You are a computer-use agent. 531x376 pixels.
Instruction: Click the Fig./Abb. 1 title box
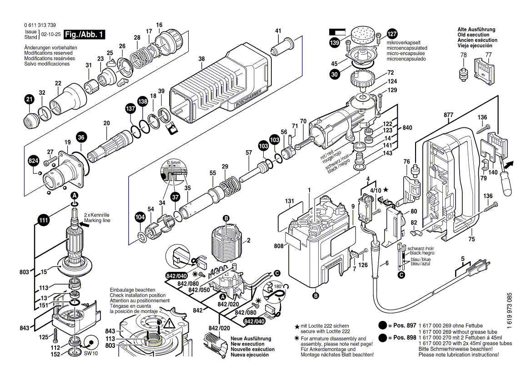84,35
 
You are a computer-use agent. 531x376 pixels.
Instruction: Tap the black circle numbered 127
391,34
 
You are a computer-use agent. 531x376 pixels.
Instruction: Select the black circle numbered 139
335,43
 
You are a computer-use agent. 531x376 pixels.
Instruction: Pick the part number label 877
448,115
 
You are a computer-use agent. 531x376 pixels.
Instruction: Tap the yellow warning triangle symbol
169,325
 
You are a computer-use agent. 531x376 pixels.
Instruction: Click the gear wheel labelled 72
362,82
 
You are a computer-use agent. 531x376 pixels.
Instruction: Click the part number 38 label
201,58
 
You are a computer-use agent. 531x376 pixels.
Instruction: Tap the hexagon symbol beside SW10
90,342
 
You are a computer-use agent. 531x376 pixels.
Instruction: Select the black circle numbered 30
335,76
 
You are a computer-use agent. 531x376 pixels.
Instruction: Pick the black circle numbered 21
29,100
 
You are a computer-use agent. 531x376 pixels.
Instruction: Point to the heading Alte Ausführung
476,30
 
